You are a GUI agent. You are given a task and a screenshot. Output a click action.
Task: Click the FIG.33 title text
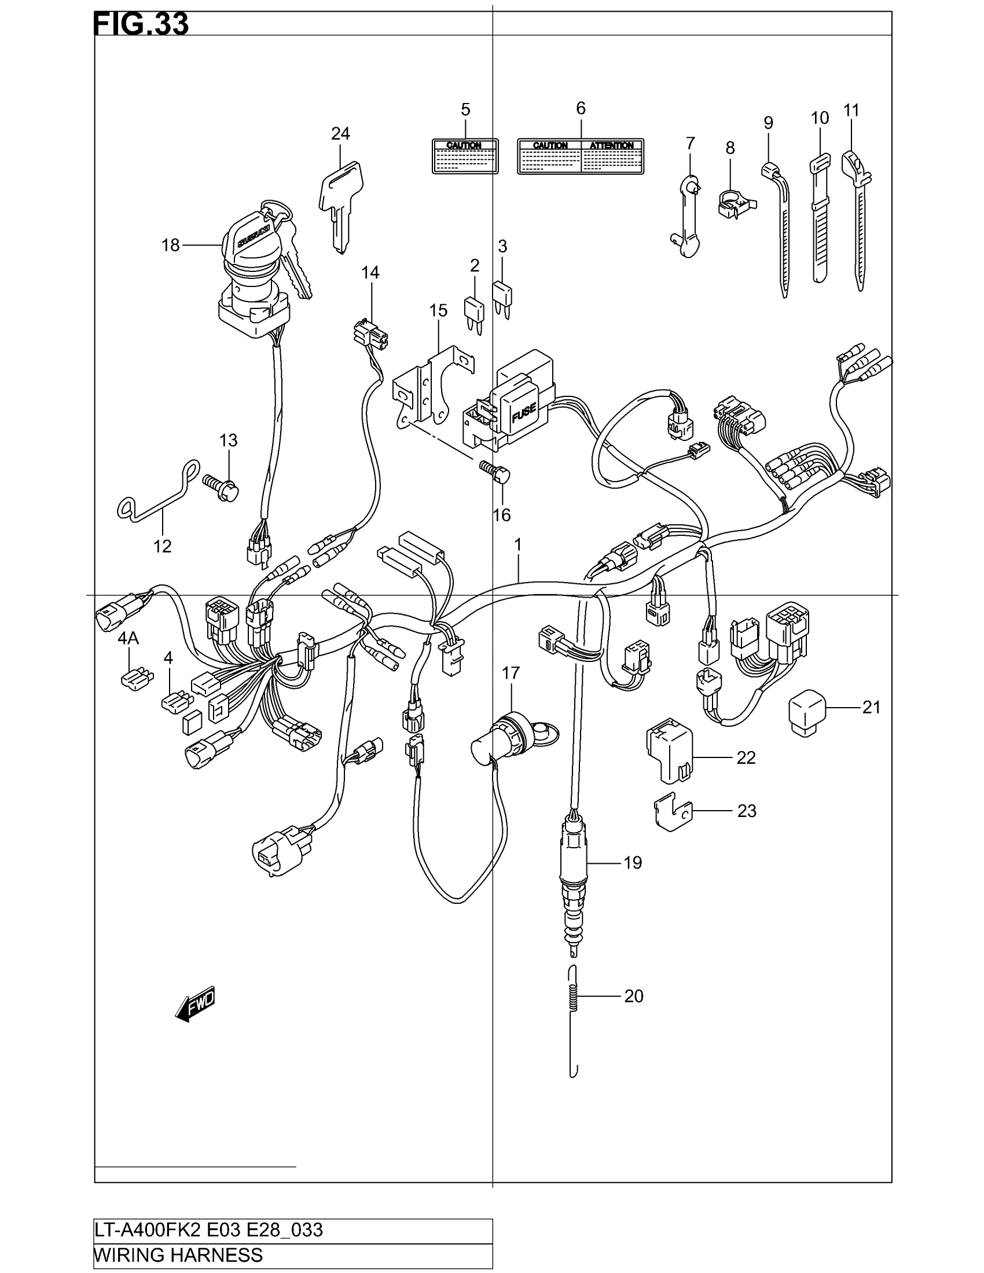tap(141, 24)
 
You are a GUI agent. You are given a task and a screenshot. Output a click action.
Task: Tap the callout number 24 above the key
tap(340, 134)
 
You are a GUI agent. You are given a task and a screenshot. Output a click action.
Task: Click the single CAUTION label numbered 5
tap(465, 156)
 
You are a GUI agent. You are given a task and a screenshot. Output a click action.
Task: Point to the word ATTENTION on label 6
tap(611, 145)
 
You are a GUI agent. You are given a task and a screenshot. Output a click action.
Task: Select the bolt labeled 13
tap(222, 487)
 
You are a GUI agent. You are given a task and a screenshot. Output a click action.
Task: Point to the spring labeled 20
tap(574, 996)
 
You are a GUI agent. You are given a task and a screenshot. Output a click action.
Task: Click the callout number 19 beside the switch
tap(633, 862)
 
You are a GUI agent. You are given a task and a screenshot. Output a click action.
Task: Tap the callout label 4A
tap(128, 639)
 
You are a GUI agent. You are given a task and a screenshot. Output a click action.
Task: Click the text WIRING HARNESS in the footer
tap(178, 1254)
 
